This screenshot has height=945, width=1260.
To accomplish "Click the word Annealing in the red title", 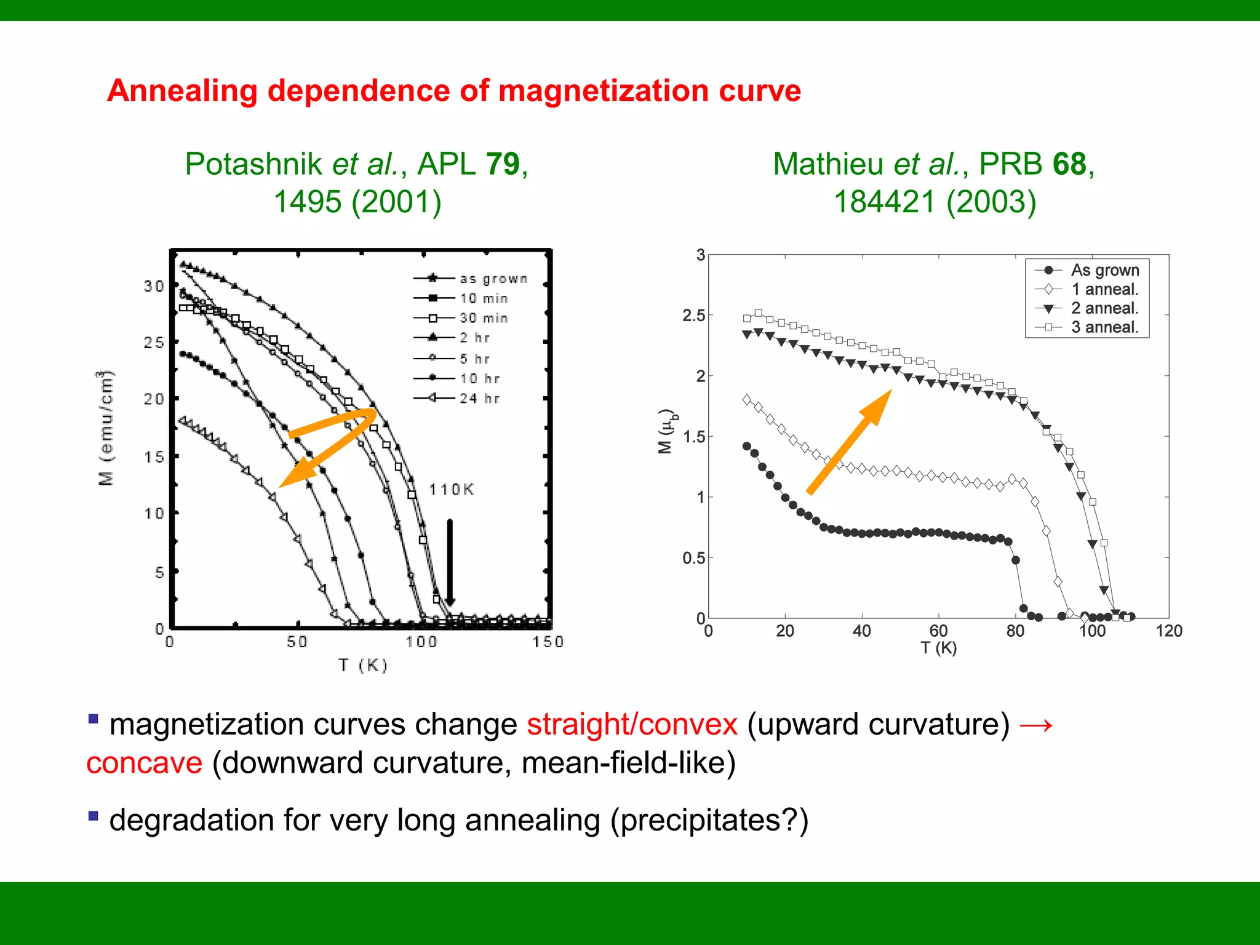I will [x=182, y=91].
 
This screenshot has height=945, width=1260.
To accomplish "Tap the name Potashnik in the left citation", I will [x=253, y=164].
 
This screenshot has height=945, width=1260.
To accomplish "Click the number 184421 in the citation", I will [x=883, y=202].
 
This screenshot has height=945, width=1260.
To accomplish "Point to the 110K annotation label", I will [x=451, y=489].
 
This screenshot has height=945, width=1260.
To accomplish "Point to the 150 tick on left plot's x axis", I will [x=548, y=642].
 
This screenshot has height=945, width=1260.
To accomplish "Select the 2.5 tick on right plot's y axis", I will [x=693, y=316].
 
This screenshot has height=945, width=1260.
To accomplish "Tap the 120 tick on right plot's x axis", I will [x=1168, y=631].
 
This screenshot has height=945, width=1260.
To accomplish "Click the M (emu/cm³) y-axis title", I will [x=106, y=428].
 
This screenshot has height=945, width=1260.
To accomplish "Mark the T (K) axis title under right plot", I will [x=938, y=648].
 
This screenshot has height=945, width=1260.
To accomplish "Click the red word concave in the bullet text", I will [x=145, y=763].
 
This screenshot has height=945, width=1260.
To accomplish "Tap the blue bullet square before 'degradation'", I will [x=94, y=816].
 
